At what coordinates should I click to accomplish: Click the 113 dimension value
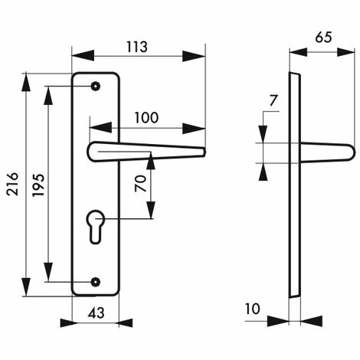[x=137, y=47]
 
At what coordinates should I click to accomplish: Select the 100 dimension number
[x=146, y=118]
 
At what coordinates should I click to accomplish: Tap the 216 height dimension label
[x=13, y=184]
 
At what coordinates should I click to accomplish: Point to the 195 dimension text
[x=39, y=185]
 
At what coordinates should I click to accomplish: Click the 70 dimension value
[x=141, y=184]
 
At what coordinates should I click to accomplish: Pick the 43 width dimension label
[x=97, y=313]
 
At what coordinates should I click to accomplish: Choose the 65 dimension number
[x=323, y=38]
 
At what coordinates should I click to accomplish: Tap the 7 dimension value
[x=273, y=100]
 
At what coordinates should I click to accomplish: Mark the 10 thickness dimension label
[x=253, y=309]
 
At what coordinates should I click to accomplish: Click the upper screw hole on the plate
[x=96, y=87]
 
